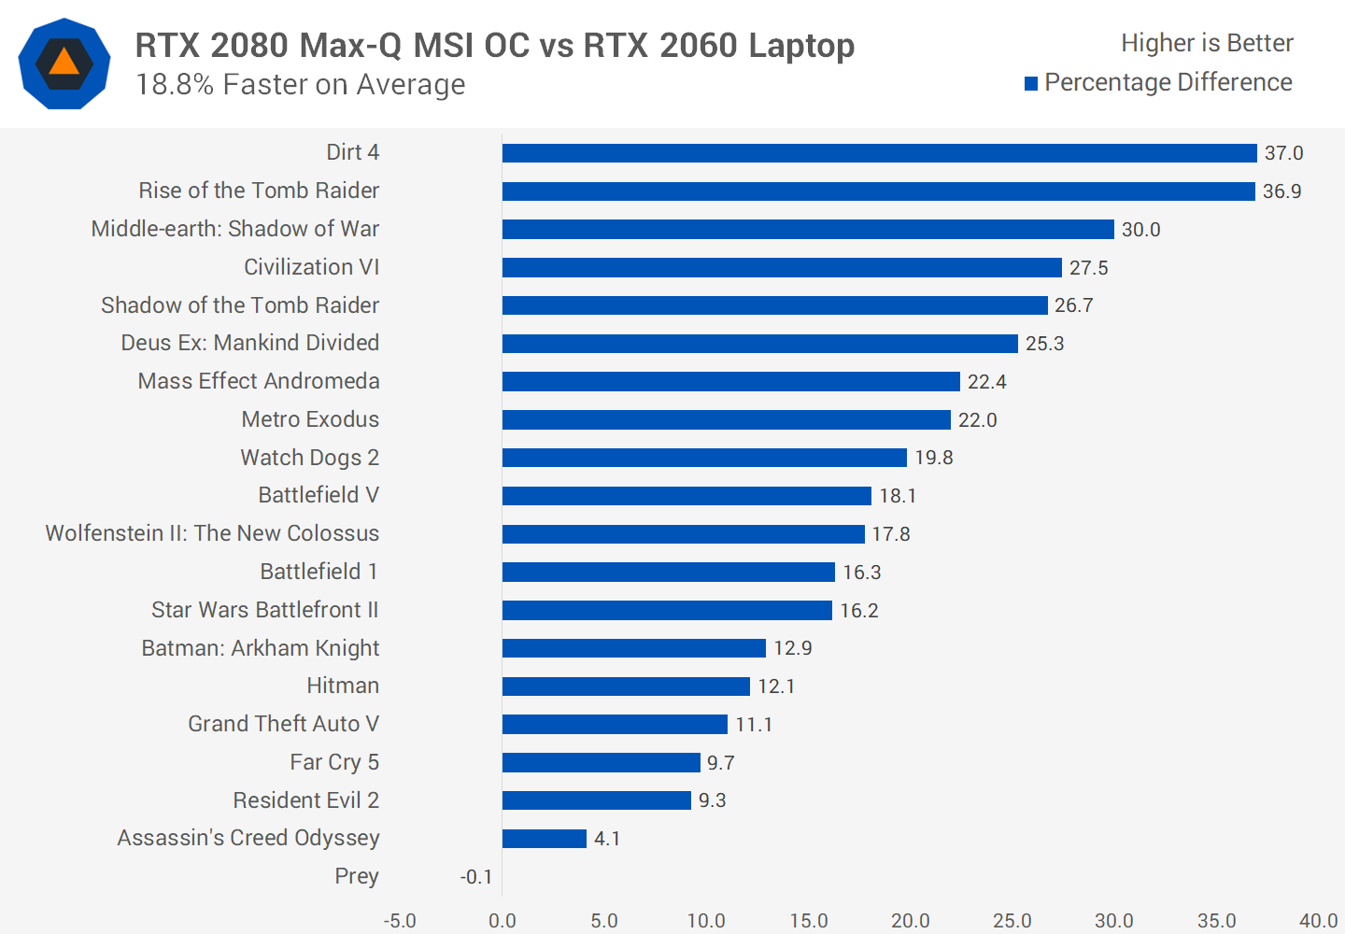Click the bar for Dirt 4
(x=879, y=153)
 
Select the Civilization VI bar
(x=782, y=268)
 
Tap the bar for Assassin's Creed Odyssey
(x=545, y=839)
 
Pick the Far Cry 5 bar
(x=601, y=763)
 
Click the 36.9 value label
(x=1281, y=191)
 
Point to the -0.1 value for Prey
(x=476, y=877)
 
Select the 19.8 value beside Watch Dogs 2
(x=933, y=458)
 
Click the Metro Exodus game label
(x=310, y=419)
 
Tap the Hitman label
(x=343, y=686)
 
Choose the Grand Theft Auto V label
(x=283, y=724)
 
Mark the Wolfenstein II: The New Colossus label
(x=212, y=533)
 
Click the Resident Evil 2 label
(x=305, y=800)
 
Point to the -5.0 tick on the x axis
(x=400, y=921)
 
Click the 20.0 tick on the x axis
(x=910, y=921)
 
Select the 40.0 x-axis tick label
(x=1318, y=921)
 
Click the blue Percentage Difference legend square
(x=1031, y=84)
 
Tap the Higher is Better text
(x=1207, y=43)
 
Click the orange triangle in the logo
(x=64, y=63)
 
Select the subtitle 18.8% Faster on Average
(x=300, y=85)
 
